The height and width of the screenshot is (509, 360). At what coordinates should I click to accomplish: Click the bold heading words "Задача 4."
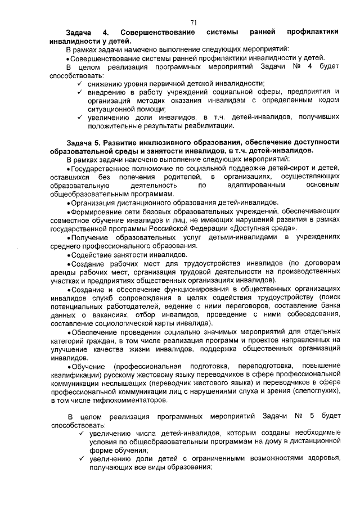[x=85, y=33]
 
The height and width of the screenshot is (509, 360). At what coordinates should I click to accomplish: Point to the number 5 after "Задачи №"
[x=309, y=417]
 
